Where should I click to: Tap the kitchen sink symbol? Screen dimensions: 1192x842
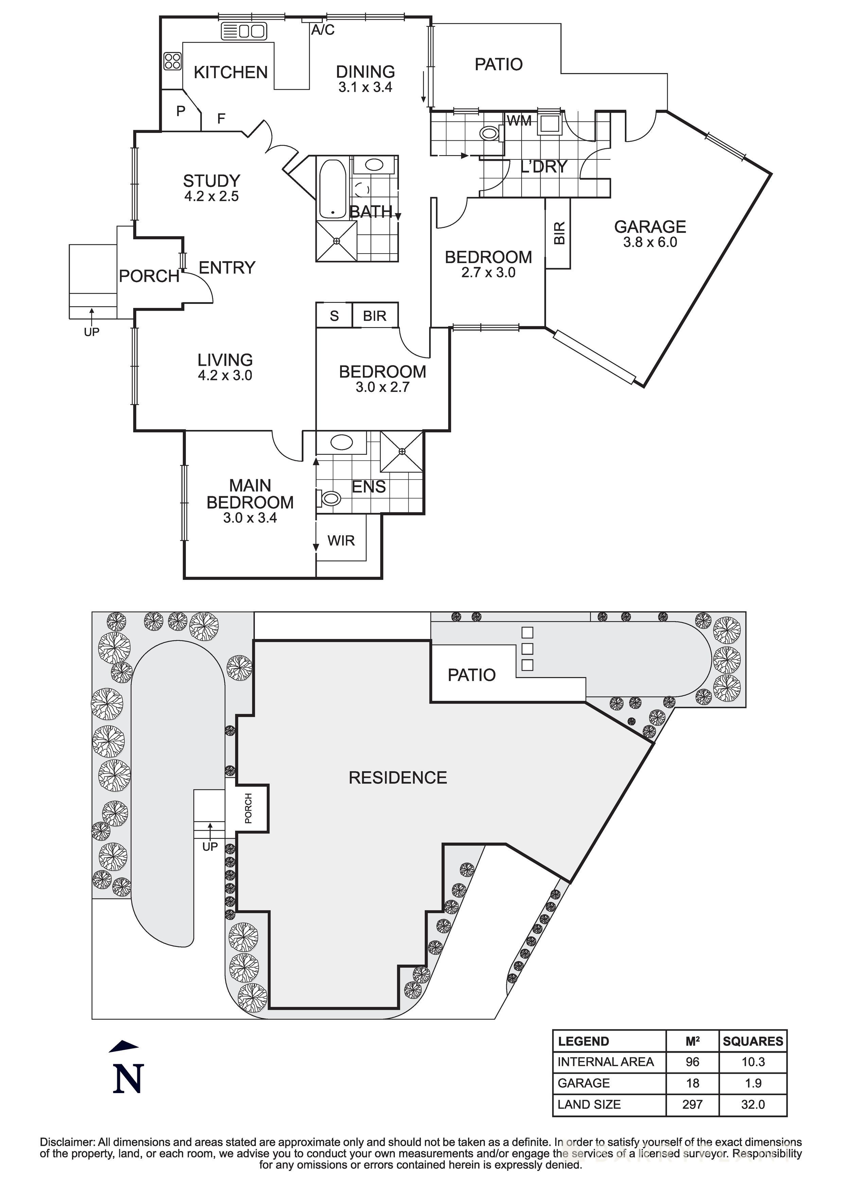click(x=244, y=32)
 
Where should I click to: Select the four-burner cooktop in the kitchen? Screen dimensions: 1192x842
click(x=172, y=61)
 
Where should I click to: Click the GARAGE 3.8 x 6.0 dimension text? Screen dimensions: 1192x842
click(x=650, y=242)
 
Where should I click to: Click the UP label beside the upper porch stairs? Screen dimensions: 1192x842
click(x=91, y=332)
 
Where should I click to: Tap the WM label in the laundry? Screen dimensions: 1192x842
click(x=519, y=121)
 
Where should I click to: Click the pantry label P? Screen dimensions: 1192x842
click(x=181, y=111)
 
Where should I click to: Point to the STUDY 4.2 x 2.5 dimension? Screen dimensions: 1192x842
click(x=211, y=196)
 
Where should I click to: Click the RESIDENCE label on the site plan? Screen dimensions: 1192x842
click(x=398, y=777)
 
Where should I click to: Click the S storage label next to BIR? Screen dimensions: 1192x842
click(x=334, y=316)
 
